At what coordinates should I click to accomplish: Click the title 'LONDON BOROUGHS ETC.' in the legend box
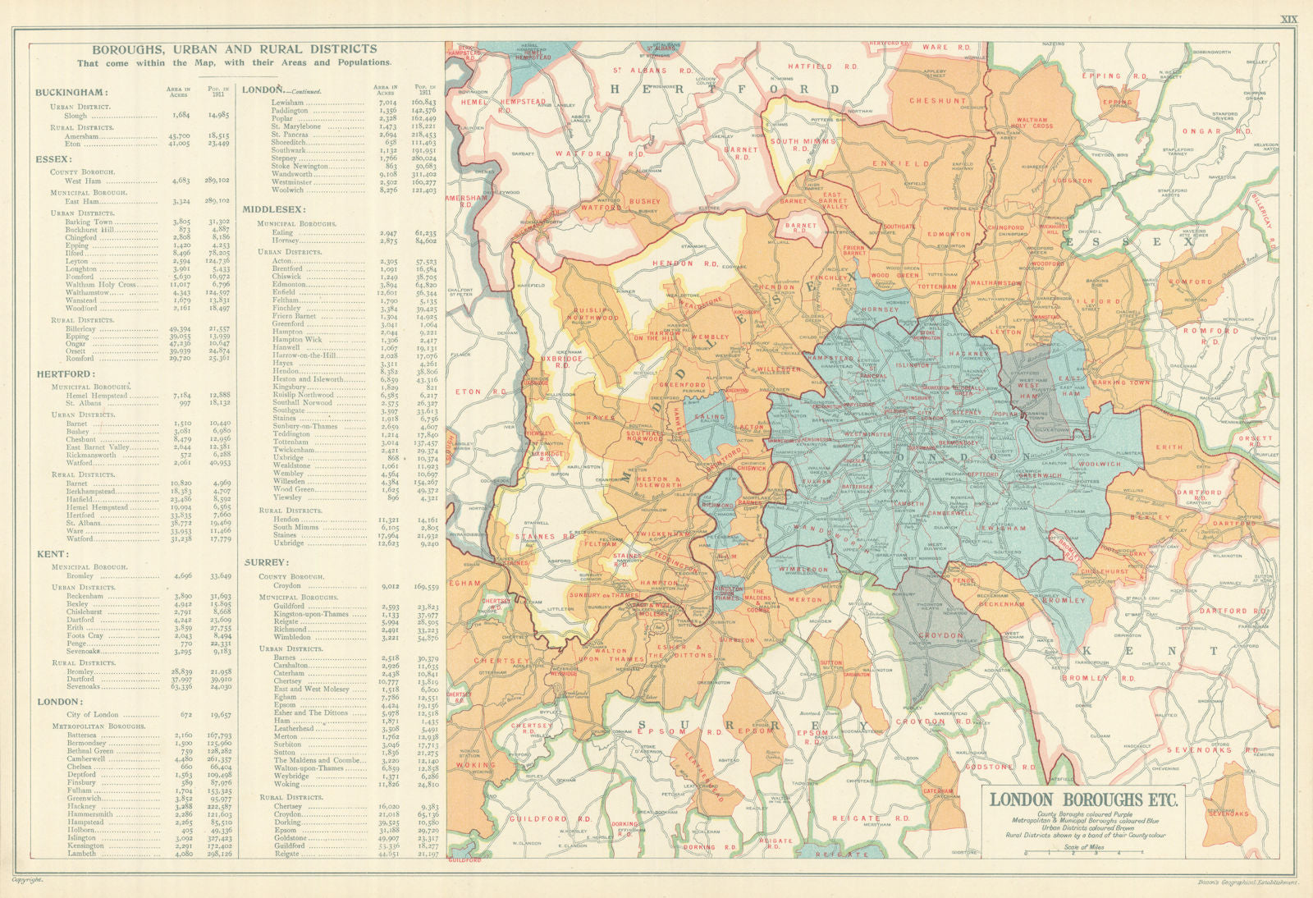point(1084,799)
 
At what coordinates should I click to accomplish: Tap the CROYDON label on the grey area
point(941,635)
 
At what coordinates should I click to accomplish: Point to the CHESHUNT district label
point(938,101)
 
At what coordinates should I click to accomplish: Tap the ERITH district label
point(1169,447)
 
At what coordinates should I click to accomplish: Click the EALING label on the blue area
point(711,417)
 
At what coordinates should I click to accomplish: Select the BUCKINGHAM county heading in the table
point(71,93)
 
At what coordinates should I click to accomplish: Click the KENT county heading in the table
point(51,554)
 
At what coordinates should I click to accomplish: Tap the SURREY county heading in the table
point(266,562)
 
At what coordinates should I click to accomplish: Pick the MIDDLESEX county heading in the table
point(274,209)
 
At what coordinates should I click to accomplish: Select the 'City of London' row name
point(92,715)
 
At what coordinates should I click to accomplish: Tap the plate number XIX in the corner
point(1288,20)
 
